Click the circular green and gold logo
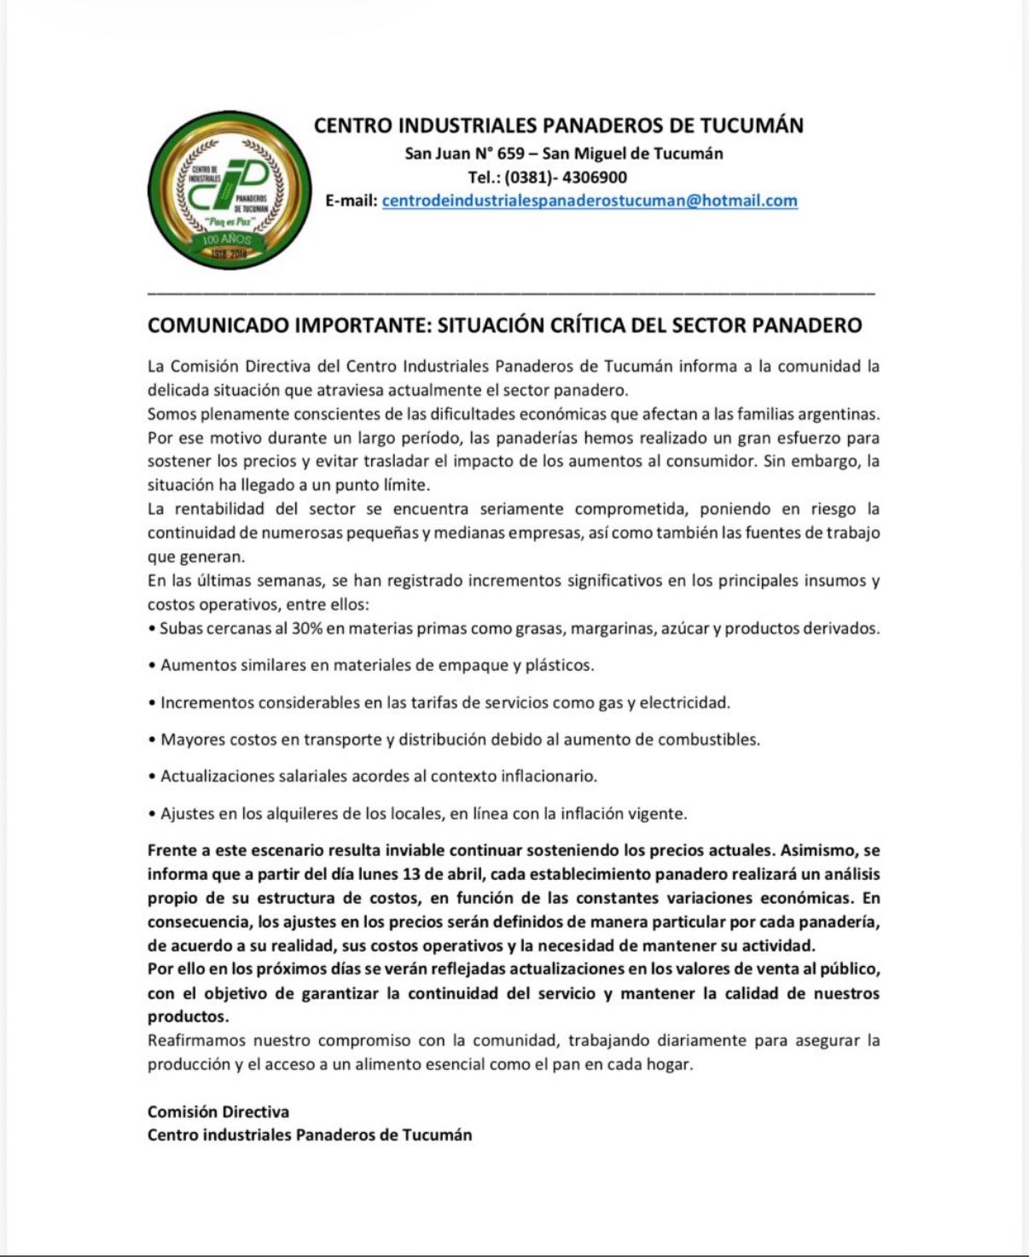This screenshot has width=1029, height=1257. [229, 201]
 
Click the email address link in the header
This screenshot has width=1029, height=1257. [590, 201]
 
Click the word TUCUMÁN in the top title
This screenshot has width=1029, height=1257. [751, 126]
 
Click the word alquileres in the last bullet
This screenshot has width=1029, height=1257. [304, 813]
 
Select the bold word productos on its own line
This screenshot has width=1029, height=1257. [188, 1016]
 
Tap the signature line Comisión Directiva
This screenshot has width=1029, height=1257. [218, 1111]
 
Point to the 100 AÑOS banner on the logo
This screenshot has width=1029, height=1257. [228, 240]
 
